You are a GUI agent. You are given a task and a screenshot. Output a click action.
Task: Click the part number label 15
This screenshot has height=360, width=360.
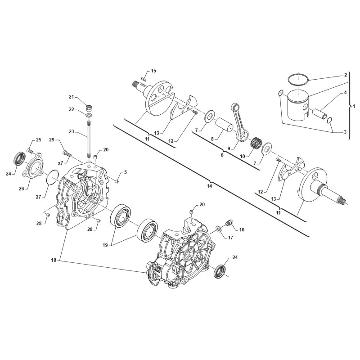click(x=153, y=71)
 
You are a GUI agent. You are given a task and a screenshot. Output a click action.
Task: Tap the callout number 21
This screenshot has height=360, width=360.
click(x=71, y=97)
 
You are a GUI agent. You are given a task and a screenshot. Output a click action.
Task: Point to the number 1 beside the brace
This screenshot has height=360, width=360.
click(x=354, y=107)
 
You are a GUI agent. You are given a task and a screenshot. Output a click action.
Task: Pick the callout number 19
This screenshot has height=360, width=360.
click(x=105, y=245)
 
